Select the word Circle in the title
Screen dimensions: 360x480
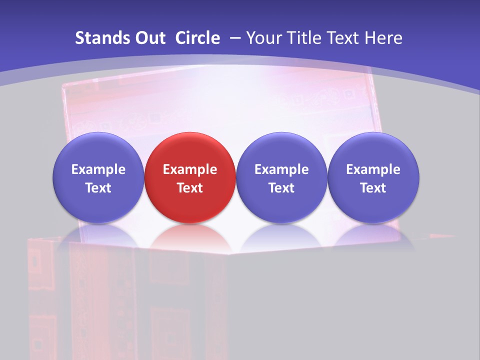(197, 38)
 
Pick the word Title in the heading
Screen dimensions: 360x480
(302, 38)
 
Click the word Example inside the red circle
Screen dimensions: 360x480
(190, 169)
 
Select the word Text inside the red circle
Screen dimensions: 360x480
(190, 188)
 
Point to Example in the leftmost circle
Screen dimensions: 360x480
(98, 169)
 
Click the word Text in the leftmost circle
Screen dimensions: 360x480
(98, 188)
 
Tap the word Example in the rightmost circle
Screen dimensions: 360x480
(373, 169)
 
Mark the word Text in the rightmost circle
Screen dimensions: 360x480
(373, 188)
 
